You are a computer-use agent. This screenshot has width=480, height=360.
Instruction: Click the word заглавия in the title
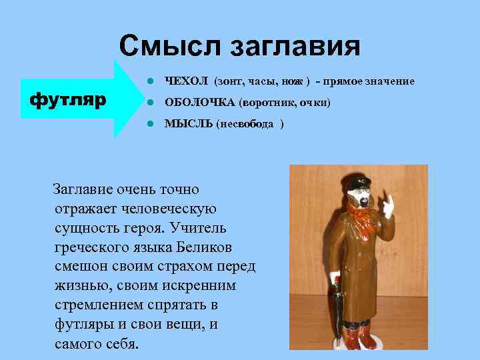(295, 47)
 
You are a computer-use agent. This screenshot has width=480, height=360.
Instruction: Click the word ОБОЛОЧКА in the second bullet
(199, 103)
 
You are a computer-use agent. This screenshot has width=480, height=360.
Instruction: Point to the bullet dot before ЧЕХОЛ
(151, 81)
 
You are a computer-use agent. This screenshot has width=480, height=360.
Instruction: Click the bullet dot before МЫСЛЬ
(151, 124)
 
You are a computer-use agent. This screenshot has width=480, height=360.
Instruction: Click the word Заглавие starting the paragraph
(87, 190)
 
